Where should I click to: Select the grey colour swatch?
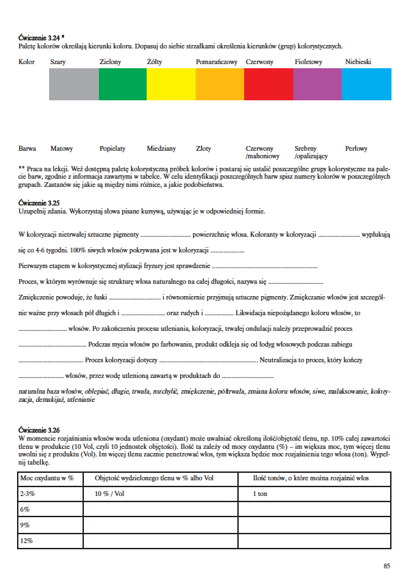pyautogui.click(x=74, y=85)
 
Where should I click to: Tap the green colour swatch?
pyautogui.click(x=123, y=85)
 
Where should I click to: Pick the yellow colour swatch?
pyautogui.click(x=171, y=85)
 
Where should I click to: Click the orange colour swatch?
pyautogui.click(x=220, y=85)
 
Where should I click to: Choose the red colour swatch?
pyautogui.click(x=269, y=85)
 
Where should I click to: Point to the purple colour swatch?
pyautogui.click(x=318, y=85)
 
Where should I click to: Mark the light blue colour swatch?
pyautogui.click(x=367, y=85)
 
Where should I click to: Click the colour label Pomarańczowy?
pyautogui.click(x=216, y=62)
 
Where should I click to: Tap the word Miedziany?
pyautogui.click(x=161, y=148)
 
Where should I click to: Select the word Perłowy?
pyautogui.click(x=357, y=148)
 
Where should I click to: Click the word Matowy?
pyautogui.click(x=61, y=148)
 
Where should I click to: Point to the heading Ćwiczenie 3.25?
pyautogui.click(x=39, y=203)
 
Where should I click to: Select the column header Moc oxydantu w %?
pyautogui.click(x=47, y=479)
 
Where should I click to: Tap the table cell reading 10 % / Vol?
pyautogui.click(x=109, y=494)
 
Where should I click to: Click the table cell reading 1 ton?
pyautogui.click(x=260, y=494)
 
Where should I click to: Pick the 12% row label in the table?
pyautogui.click(x=27, y=540)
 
